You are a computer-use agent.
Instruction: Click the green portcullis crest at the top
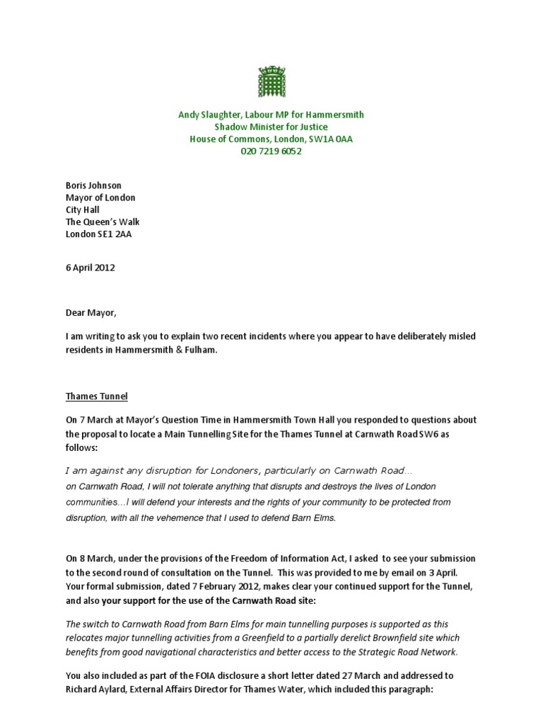[x=271, y=82]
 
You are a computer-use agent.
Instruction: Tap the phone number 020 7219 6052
[x=271, y=152]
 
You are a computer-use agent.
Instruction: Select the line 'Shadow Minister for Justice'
[x=271, y=127]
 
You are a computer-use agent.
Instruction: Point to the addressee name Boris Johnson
[x=93, y=185]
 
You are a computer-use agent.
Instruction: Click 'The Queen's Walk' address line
[x=103, y=222]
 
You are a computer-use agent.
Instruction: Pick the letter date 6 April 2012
[x=90, y=268]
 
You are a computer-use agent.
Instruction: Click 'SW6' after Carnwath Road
[x=436, y=434]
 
